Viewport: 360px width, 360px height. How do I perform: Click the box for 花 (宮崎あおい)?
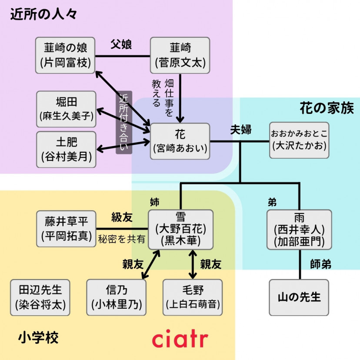click(180, 141)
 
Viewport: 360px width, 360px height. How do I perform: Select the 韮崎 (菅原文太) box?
click(180, 55)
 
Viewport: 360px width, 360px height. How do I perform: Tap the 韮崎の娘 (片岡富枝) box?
click(66, 55)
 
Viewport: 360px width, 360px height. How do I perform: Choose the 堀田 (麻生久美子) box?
click(67, 109)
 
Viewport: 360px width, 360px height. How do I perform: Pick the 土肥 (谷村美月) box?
click(67, 149)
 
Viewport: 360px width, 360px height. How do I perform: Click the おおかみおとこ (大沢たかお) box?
click(299, 140)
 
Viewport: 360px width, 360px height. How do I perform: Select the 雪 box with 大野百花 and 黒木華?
click(180, 229)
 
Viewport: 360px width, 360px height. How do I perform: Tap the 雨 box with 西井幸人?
click(300, 229)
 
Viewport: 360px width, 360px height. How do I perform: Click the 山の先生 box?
click(299, 297)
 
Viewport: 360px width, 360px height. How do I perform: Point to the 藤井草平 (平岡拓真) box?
click(66, 229)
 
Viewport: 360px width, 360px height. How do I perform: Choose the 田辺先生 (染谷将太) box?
click(40, 297)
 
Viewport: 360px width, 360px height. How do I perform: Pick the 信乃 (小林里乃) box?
click(117, 297)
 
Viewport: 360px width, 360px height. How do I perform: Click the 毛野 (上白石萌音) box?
click(193, 297)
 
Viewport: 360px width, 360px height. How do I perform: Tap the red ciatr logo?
click(180, 339)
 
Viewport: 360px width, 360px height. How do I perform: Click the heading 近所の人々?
click(43, 14)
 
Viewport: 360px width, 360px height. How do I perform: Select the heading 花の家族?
click(327, 108)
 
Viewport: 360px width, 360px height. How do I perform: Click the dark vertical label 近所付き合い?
click(123, 123)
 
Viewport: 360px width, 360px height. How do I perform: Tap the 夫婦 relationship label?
click(241, 130)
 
